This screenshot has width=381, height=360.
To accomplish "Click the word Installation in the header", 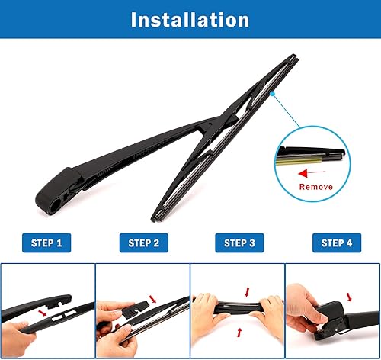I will click(190, 20).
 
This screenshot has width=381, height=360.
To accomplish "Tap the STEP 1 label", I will click(47, 243).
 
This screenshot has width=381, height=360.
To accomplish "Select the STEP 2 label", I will click(142, 243).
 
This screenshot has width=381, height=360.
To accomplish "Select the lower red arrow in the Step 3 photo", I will click(241, 333).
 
